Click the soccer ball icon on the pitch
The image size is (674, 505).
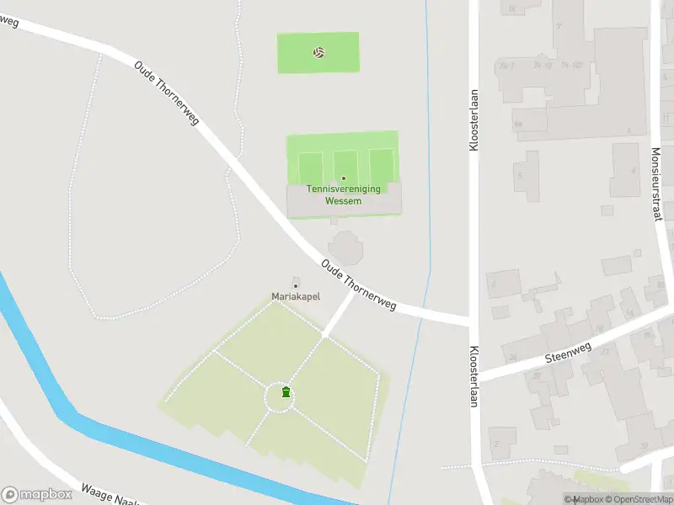(318, 52)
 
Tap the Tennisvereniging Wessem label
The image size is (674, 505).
(343, 194)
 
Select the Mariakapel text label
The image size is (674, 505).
(295, 296)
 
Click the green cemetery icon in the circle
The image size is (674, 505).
(286, 392)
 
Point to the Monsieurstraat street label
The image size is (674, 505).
(656, 183)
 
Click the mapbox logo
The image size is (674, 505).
(36, 494)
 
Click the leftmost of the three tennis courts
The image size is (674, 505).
(310, 165)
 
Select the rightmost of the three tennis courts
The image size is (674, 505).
(381, 165)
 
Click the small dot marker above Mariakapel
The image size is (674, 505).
(295, 286)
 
